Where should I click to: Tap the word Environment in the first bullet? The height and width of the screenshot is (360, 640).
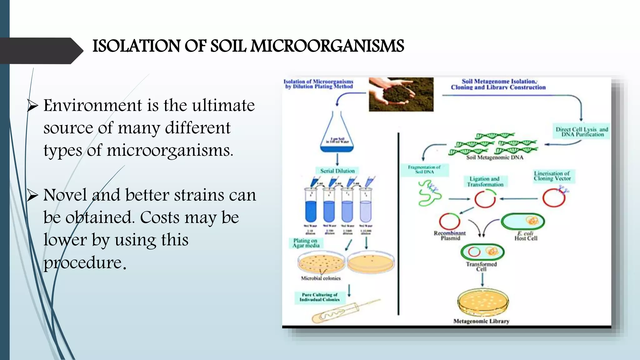point(92,105)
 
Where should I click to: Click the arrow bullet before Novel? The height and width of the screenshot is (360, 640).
point(32,195)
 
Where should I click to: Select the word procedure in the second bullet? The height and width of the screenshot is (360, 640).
point(82,262)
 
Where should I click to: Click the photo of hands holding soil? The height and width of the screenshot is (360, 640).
point(401,94)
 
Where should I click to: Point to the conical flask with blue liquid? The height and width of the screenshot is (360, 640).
point(337,134)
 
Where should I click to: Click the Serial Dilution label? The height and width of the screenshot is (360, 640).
point(337,171)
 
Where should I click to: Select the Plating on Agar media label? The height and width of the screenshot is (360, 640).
point(306,243)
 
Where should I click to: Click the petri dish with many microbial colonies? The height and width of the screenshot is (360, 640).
point(321,262)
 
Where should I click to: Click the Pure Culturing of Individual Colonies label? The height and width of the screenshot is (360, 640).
point(319,297)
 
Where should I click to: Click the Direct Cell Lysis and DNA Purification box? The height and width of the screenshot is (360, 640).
point(582,132)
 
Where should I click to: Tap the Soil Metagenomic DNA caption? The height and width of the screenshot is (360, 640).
point(494,157)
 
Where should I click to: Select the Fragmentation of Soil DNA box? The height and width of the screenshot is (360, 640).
point(424,170)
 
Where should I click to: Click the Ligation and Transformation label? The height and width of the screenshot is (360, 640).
point(485,182)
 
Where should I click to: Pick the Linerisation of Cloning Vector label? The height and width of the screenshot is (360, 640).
point(552,176)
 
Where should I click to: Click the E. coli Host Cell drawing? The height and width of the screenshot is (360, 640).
point(522,222)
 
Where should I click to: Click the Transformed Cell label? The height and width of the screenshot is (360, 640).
point(481,266)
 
